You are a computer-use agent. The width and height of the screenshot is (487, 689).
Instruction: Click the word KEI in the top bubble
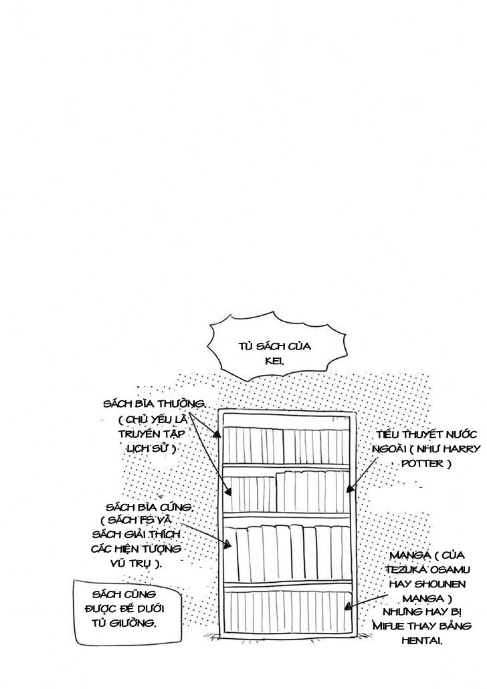[x=275, y=361]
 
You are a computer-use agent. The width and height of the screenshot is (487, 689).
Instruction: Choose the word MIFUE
[x=393, y=626]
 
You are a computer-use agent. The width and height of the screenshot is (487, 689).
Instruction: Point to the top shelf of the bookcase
[x=286, y=444]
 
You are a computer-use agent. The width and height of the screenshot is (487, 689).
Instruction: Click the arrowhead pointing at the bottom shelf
[x=347, y=607]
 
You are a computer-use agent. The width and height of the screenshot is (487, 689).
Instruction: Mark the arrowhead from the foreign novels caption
[x=348, y=489]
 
